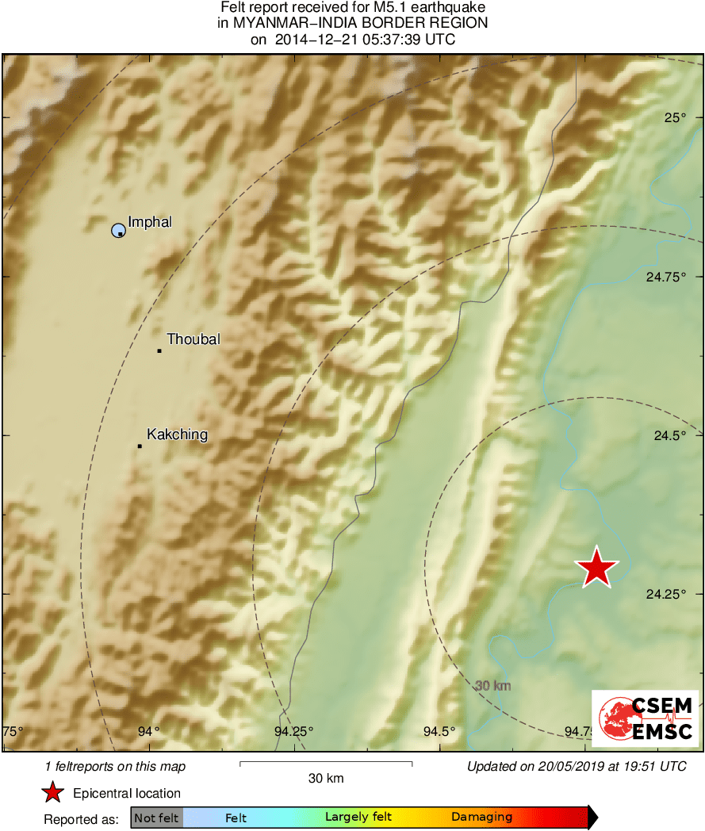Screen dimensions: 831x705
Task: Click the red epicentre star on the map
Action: tap(596, 568)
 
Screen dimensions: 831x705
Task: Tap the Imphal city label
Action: tap(150, 222)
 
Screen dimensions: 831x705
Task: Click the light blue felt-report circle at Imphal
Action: tap(118, 230)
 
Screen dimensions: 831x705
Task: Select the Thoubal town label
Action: tap(193, 339)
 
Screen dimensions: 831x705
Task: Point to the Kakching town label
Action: tap(178, 435)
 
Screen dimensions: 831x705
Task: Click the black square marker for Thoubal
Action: tap(159, 350)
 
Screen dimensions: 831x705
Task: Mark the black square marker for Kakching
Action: tap(140, 446)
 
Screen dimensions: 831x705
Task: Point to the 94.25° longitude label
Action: tap(293, 731)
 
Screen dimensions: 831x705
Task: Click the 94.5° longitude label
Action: tap(439, 731)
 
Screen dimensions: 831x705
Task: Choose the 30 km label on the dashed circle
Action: tap(492, 685)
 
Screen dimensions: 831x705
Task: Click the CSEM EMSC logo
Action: tap(645, 718)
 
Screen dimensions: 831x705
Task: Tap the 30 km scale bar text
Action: tap(326, 779)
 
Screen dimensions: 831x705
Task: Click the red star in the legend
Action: tap(52, 792)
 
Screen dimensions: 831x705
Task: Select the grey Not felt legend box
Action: tap(156, 817)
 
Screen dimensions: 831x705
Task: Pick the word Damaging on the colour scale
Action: tap(481, 817)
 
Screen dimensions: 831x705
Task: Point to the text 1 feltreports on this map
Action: tap(115, 766)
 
